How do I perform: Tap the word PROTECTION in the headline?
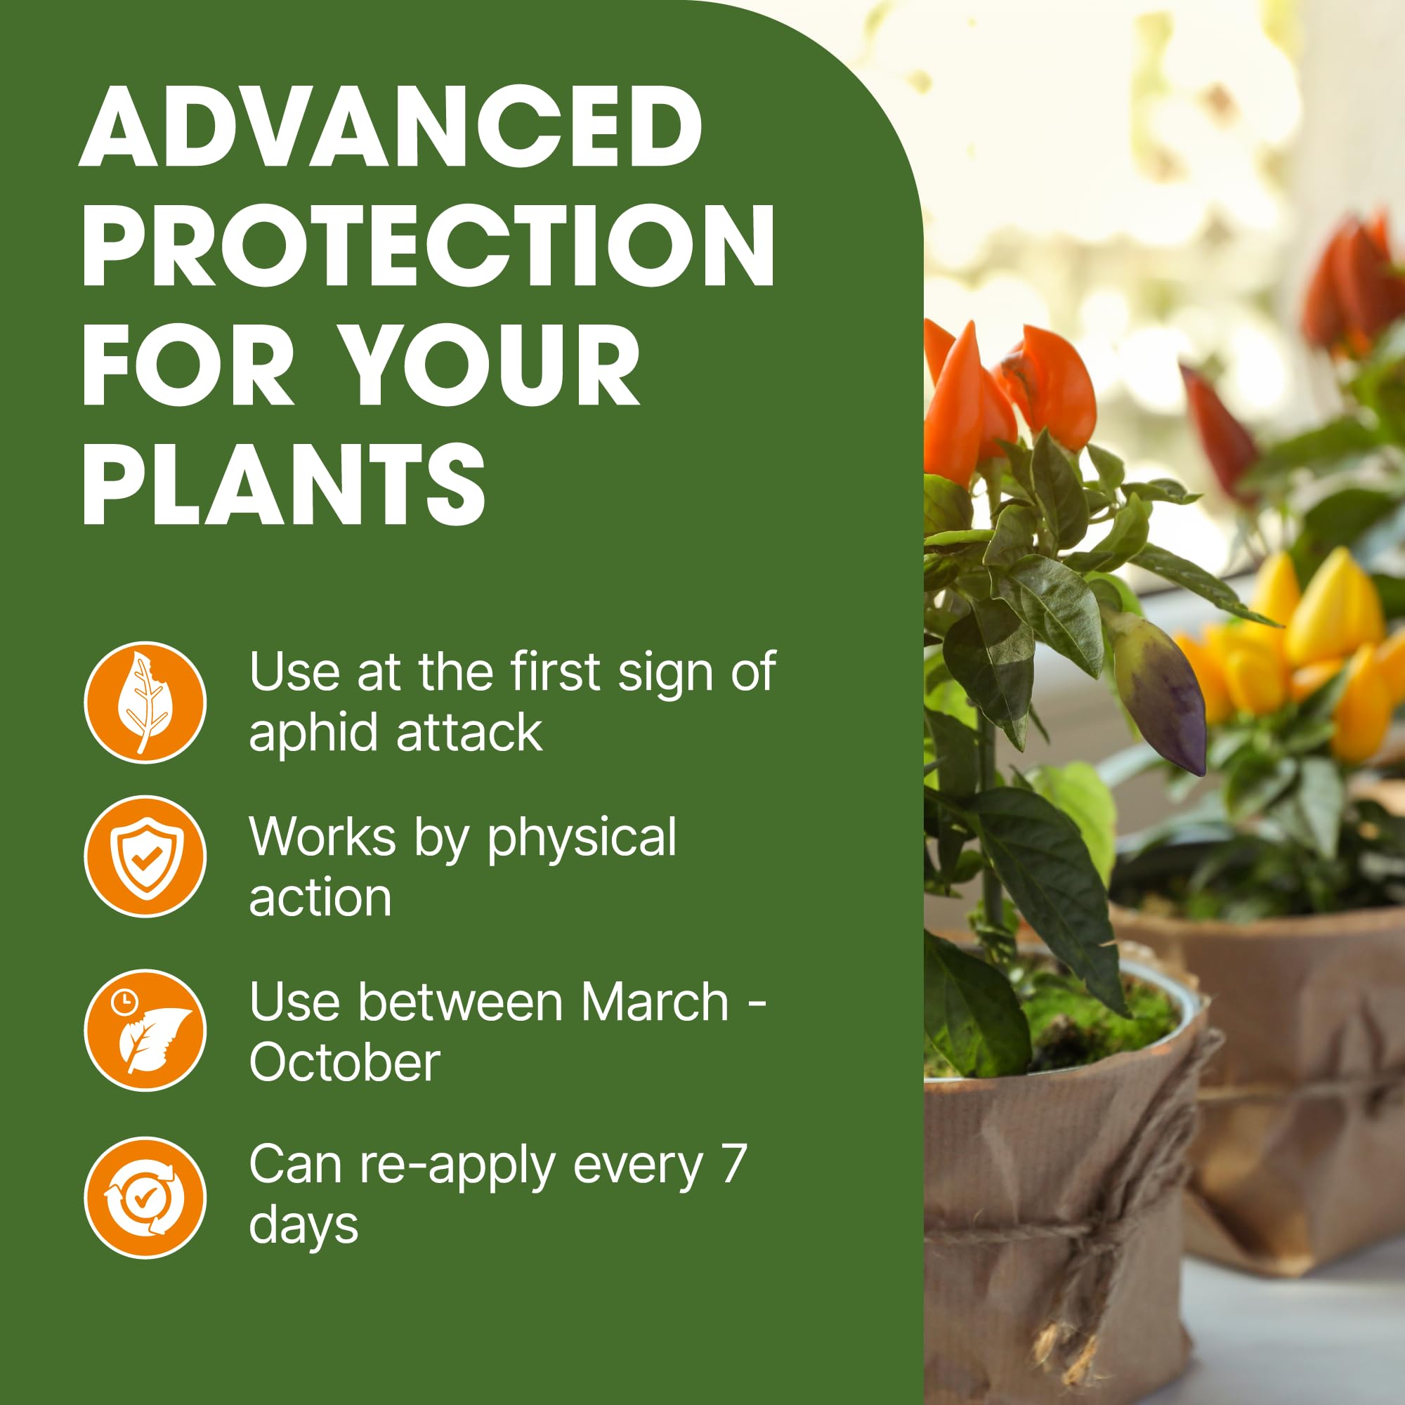[429, 245]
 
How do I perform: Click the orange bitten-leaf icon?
[145, 702]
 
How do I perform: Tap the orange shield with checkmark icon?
[145, 856]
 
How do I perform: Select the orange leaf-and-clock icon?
[145, 1030]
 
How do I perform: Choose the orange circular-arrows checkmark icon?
[145, 1198]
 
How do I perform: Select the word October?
[345, 1062]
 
